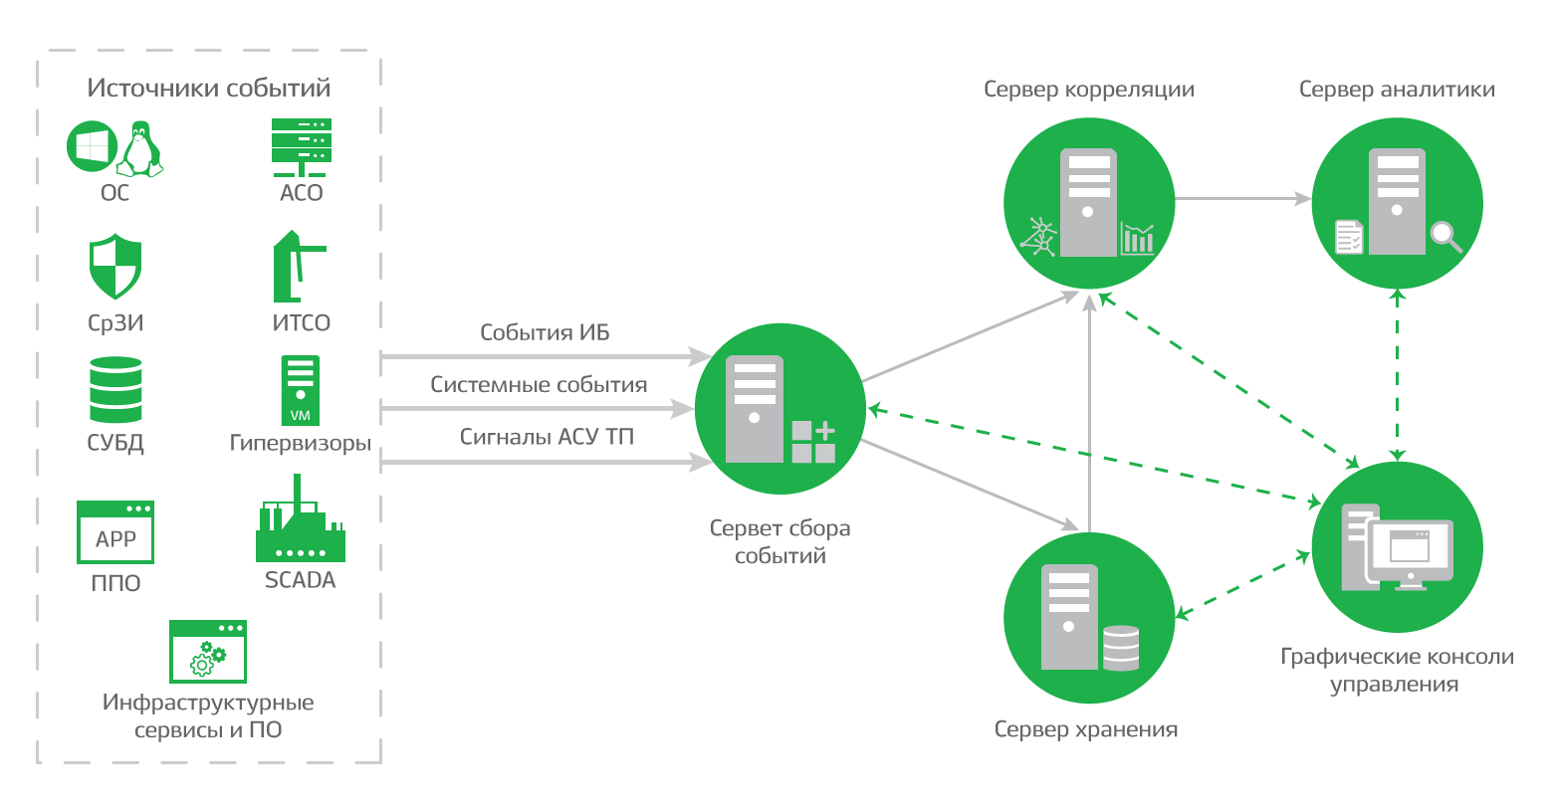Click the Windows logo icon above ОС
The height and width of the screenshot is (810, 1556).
click(92, 146)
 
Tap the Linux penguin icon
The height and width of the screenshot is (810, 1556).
click(139, 150)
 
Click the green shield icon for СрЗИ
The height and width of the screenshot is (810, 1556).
click(115, 267)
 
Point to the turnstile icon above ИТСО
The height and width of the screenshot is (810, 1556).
click(296, 267)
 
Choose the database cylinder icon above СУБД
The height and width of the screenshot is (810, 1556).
click(115, 390)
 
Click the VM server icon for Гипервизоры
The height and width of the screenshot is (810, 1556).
click(300, 390)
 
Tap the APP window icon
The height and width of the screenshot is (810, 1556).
click(115, 532)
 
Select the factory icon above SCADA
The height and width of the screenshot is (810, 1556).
click(300, 522)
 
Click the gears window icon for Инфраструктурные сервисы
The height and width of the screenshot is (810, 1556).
click(208, 652)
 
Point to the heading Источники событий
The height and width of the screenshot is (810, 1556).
click(209, 88)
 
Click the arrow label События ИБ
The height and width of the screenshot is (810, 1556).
click(545, 332)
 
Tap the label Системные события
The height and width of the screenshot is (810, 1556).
click(539, 384)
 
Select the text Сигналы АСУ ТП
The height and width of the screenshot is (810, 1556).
click(547, 436)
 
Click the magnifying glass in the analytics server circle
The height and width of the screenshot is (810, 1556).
click(1445, 237)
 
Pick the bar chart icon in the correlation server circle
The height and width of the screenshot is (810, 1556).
click(1137, 239)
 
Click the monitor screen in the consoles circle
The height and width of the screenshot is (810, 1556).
click(1412, 550)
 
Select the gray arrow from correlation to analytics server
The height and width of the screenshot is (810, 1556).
click(1242, 199)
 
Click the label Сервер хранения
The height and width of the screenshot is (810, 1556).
click(1086, 729)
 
